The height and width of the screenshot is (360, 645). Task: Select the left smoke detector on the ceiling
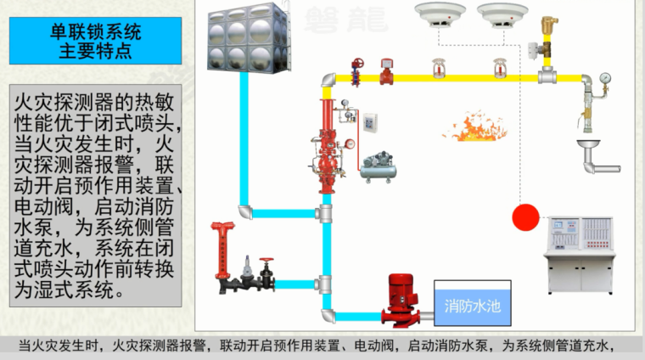pos(440,14)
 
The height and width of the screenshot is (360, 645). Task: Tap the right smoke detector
pos(499,14)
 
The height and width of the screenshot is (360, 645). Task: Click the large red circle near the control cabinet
pos(526,217)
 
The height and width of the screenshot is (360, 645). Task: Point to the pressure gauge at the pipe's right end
pos(605,82)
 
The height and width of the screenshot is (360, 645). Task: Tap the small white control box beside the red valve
pos(371,122)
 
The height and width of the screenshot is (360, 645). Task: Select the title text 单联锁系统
pos(95,33)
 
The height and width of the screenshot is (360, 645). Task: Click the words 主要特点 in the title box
pos(95,50)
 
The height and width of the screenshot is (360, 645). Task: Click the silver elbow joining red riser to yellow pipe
pos(327,82)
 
